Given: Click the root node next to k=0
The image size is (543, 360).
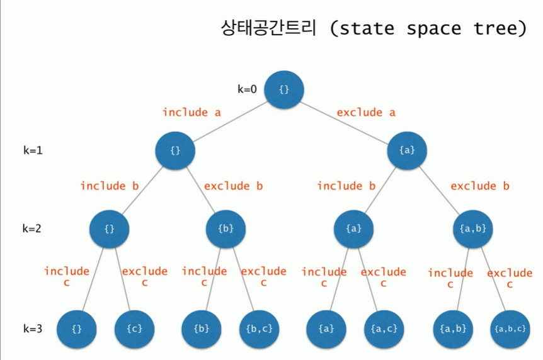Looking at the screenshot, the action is click(284, 89).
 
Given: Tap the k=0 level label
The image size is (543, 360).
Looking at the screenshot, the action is click(247, 89).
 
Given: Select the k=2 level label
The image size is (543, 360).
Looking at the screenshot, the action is click(31, 228).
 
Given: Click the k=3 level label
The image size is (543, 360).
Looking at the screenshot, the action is click(33, 329).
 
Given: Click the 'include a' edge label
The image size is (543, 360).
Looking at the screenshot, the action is click(191, 112).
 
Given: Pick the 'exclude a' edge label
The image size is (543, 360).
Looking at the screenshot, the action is click(366, 112).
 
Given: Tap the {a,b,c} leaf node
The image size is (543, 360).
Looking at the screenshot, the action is click(509, 329).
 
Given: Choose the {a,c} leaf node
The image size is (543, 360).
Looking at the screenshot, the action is click(383, 329).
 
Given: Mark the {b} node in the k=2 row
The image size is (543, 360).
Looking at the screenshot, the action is click(226, 228).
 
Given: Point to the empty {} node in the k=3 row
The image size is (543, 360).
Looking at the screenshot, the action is click(77, 329).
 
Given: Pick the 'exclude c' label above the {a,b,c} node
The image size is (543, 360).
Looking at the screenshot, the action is click(510, 278).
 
